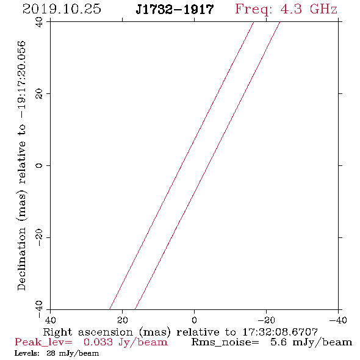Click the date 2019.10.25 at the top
(62, 9)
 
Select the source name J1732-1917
(175, 10)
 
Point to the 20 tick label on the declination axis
(39, 94)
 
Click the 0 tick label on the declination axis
(39, 165)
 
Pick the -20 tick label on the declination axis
(39, 237)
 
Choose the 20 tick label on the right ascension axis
(123, 320)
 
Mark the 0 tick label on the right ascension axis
(194, 320)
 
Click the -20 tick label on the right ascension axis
(266, 320)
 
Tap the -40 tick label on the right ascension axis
(338, 320)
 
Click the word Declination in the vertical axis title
(21, 259)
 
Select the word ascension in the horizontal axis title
(106, 332)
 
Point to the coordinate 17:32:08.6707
(280, 332)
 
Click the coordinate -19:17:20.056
(21, 79)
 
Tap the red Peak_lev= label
(43, 342)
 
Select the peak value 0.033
(98, 342)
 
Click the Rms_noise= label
(225, 342)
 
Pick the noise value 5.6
(278, 342)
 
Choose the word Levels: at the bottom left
(27, 353)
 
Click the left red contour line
(181, 165)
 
